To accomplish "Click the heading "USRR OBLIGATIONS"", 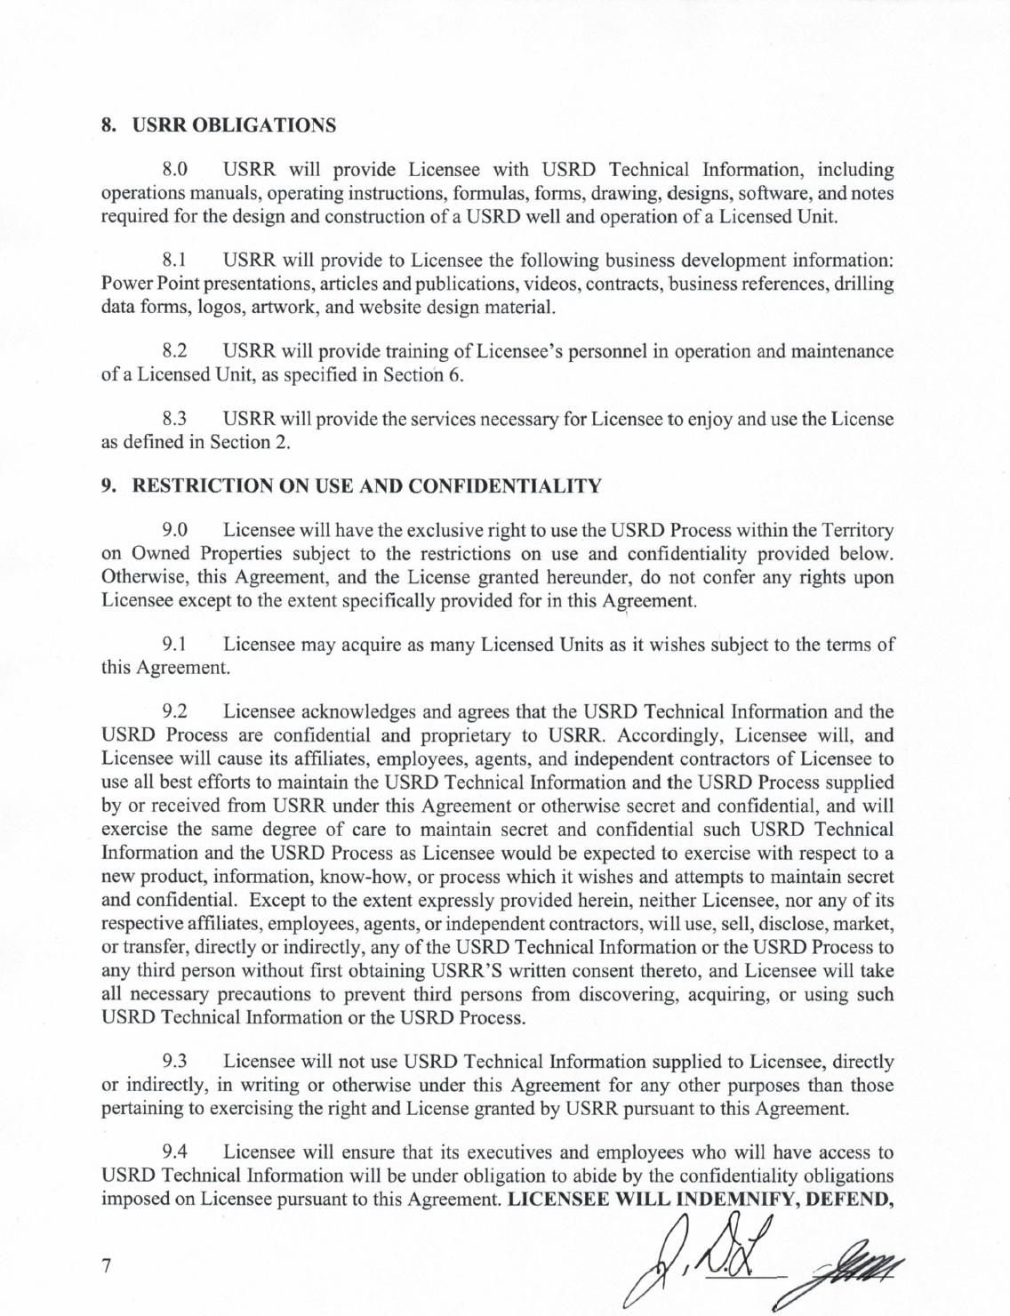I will click(234, 125).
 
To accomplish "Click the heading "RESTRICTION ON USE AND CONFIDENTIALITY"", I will click(366, 486).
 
